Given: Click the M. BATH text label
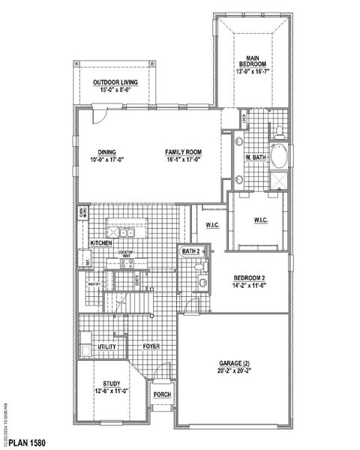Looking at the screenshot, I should (256, 157).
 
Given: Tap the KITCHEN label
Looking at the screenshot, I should (101, 244).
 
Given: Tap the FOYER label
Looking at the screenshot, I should (153, 347).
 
